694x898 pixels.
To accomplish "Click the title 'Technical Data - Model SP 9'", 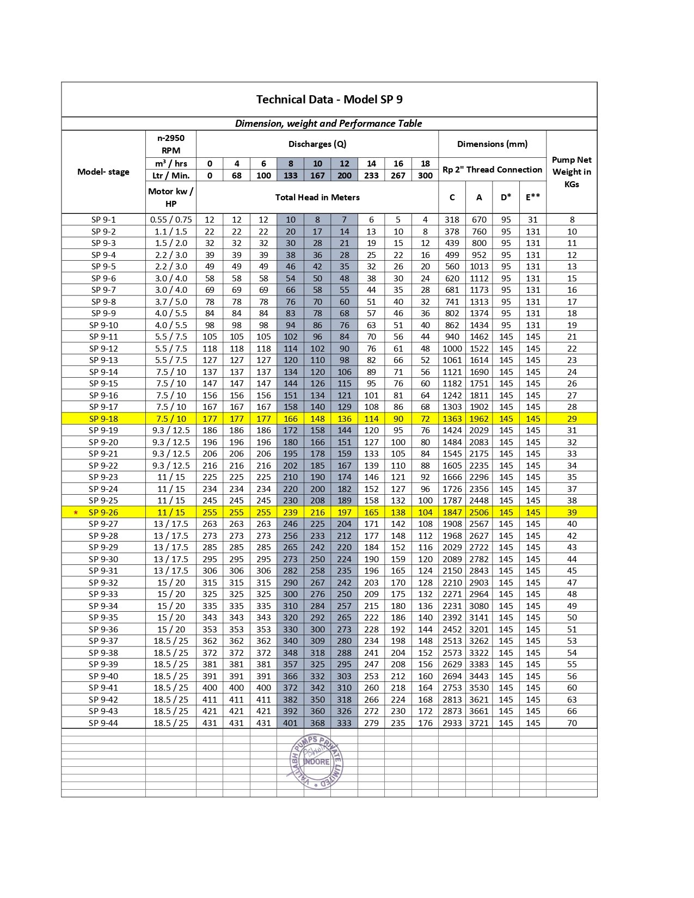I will click(x=329, y=100).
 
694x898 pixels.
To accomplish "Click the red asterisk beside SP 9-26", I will click(x=76, y=513).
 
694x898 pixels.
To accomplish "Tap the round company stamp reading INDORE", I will click(x=316, y=761).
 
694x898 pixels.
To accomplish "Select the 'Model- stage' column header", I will click(x=103, y=172).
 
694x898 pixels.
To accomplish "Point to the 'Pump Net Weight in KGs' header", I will click(x=572, y=172).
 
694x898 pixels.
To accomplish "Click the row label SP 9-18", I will click(x=103, y=419).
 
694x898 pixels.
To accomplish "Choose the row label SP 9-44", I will click(x=103, y=723).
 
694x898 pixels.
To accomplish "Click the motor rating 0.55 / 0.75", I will click(x=171, y=220).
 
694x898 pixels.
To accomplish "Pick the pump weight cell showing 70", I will click(x=572, y=723).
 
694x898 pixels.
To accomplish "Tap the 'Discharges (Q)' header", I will click(x=317, y=144).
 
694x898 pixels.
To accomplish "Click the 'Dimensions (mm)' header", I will click(x=492, y=144).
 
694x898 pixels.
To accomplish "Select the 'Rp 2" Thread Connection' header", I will click(x=492, y=170).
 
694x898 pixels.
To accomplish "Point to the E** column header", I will click(x=533, y=198).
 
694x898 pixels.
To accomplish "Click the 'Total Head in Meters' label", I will click(x=317, y=198).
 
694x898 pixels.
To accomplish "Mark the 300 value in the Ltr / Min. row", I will click(x=425, y=176).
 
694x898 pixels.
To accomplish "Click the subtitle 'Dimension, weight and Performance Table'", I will click(x=329, y=124).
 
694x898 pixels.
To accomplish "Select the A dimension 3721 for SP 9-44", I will click(x=479, y=723).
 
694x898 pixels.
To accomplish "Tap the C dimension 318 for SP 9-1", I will click(x=452, y=220).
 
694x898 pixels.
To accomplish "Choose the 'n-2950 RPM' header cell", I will click(x=171, y=144).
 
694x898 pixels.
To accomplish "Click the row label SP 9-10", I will click(x=103, y=325).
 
